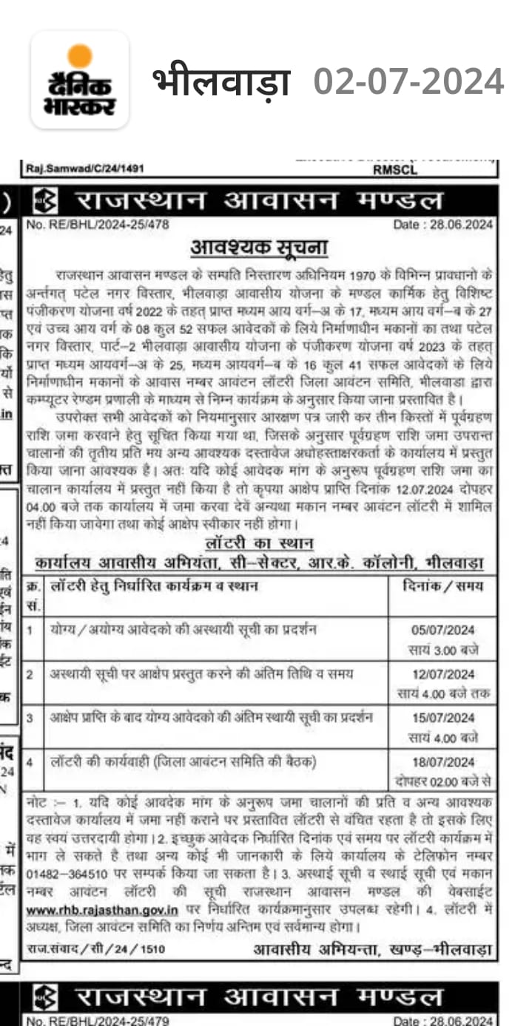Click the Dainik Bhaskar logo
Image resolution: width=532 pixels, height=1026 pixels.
point(80,80)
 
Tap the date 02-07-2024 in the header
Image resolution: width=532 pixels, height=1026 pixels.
point(408,81)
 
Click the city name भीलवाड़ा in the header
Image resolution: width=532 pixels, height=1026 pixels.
point(220,81)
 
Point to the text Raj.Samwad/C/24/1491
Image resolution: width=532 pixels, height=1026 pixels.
point(85,169)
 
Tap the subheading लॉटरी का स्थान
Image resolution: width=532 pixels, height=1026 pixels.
point(259,543)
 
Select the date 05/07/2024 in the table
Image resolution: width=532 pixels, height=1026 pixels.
point(443,631)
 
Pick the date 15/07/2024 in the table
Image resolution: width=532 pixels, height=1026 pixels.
point(443,718)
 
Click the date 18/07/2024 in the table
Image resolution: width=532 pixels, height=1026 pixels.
point(443,762)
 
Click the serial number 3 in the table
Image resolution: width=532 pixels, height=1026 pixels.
point(30,718)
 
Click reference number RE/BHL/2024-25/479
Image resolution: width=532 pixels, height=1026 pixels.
point(98,1021)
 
